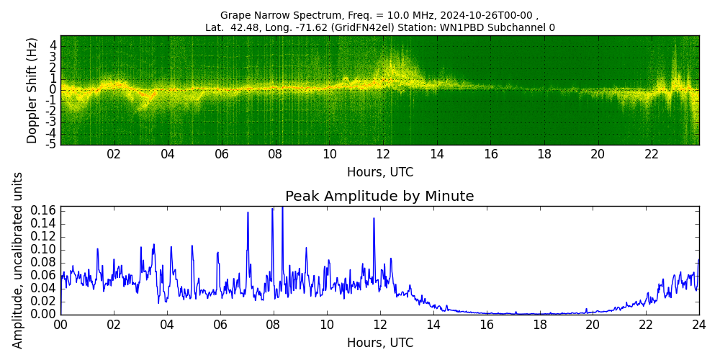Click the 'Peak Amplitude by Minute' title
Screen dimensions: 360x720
click(x=379, y=197)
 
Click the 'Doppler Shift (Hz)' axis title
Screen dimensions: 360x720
click(x=32, y=90)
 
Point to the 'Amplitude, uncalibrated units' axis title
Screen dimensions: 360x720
click(x=18, y=260)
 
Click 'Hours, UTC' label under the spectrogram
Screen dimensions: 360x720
click(x=379, y=173)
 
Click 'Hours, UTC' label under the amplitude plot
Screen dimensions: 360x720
click(x=379, y=343)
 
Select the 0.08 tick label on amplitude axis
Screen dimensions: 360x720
click(x=45, y=263)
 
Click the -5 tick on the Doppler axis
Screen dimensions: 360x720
click(x=52, y=144)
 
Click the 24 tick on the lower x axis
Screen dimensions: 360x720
click(x=698, y=324)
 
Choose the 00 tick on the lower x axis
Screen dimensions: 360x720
click(x=60, y=324)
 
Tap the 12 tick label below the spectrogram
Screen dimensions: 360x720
click(x=383, y=154)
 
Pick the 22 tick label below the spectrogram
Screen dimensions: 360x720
click(x=652, y=154)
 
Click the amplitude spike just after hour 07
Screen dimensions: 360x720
click(x=248, y=213)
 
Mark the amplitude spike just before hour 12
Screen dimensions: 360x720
click(x=374, y=219)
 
